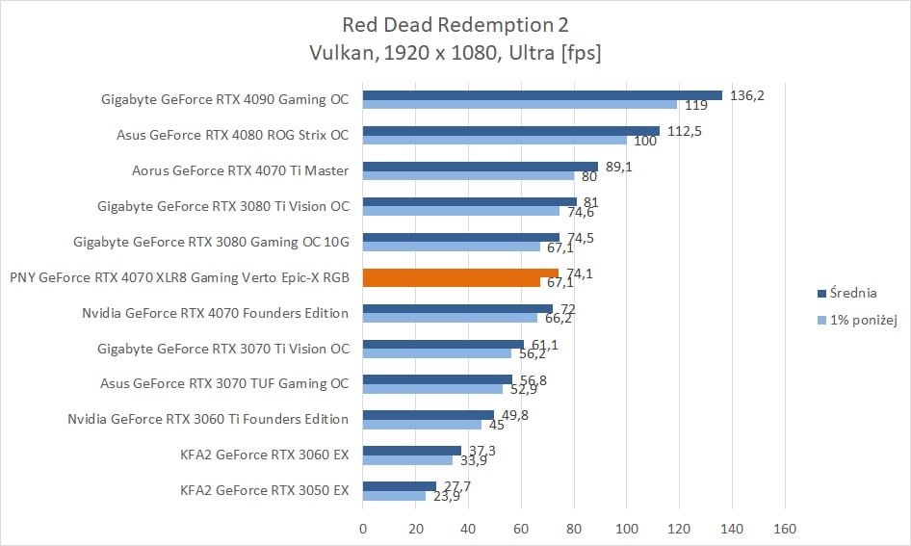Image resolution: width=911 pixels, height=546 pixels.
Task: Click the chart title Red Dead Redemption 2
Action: pos(455,23)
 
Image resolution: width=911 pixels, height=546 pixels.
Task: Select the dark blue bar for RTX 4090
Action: pos(542,94)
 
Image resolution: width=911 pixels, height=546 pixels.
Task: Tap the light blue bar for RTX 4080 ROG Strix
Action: pos(494,141)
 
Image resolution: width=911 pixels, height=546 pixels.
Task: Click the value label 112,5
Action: pos(685,129)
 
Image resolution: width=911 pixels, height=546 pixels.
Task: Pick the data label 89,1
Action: pos(621,166)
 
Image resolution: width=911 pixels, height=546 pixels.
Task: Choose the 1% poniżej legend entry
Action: pos(862,320)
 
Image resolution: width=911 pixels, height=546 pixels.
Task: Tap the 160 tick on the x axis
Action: pos(785,528)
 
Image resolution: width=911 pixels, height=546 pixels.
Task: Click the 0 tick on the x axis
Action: pos(363,528)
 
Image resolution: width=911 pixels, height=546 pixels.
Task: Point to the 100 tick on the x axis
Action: pos(627,528)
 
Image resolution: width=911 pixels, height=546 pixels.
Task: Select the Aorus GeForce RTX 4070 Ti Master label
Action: pos(240,170)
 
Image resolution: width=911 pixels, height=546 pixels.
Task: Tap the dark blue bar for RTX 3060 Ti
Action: pos(428,414)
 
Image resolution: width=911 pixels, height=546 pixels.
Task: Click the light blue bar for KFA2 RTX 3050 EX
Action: pos(394,496)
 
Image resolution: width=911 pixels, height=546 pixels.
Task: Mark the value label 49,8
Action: pos(514,415)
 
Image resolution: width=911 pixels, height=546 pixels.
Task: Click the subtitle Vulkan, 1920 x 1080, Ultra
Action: pos(455,53)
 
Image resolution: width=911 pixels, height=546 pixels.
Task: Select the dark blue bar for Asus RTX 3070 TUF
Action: pos(437,378)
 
